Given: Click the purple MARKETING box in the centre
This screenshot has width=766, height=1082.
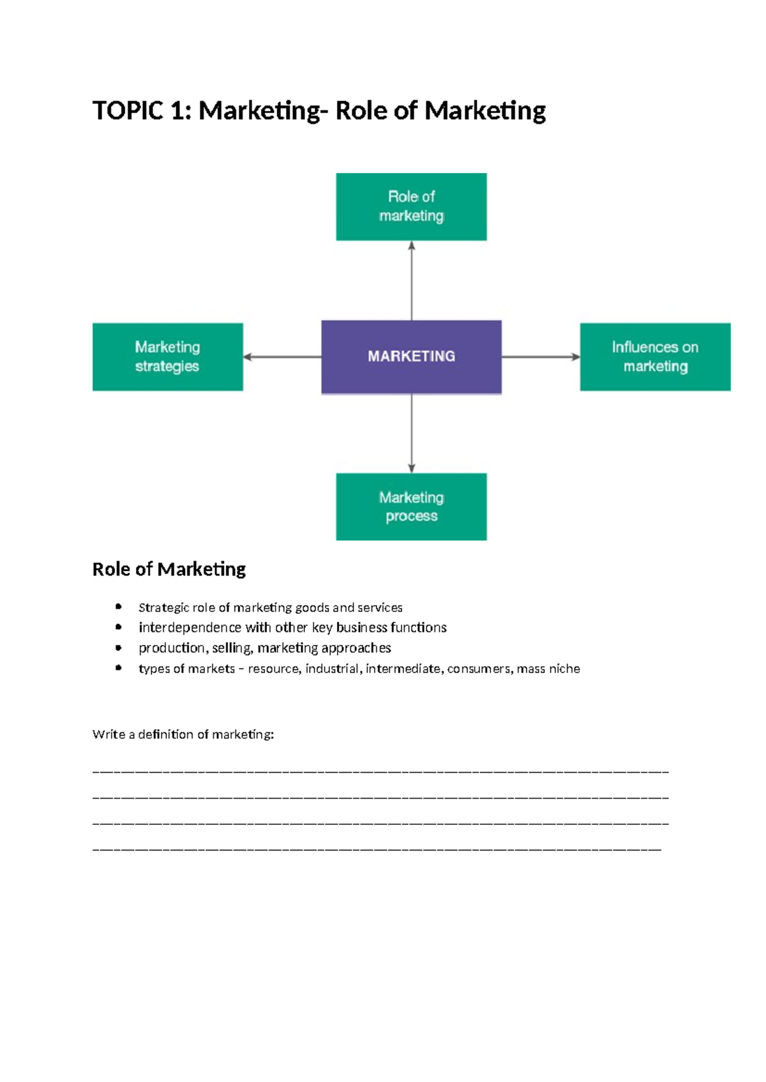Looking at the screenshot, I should point(411,357).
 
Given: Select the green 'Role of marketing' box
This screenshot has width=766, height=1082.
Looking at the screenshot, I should point(411,206).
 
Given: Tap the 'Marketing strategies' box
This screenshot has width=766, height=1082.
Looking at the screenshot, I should point(167,357).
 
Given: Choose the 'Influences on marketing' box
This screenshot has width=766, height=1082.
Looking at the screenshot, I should point(655,357).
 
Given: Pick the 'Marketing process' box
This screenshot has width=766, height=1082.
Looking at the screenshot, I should point(411,507).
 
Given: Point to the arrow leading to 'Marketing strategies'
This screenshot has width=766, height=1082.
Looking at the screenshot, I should point(282,357).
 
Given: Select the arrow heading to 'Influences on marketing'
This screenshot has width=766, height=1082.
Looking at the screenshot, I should point(541,357).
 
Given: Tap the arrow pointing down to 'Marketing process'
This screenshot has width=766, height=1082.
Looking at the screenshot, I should point(411,434).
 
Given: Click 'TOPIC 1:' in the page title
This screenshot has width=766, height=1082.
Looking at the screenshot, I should point(141,111).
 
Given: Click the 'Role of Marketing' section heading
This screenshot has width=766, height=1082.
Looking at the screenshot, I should point(169,569).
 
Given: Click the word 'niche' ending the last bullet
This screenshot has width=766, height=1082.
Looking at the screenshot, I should point(564,669).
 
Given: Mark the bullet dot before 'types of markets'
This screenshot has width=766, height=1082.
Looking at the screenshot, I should point(119,668).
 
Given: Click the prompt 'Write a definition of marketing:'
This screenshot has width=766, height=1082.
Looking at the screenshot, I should point(183,734).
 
